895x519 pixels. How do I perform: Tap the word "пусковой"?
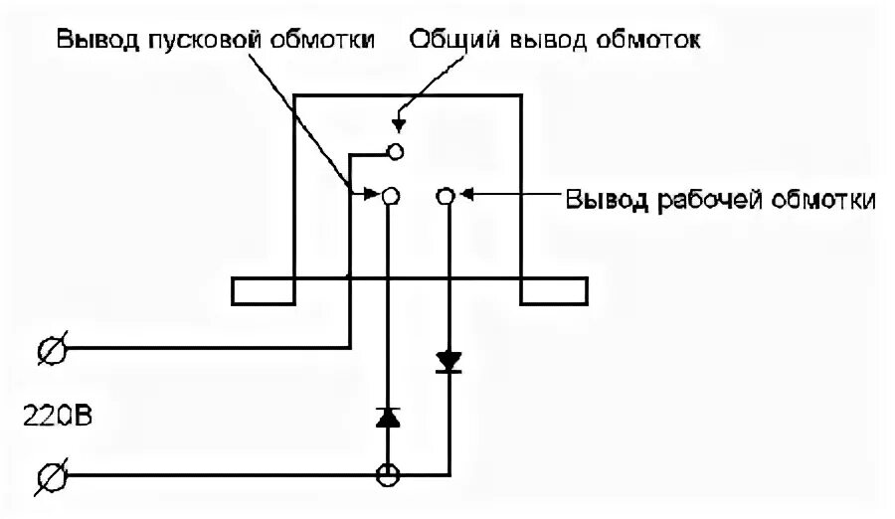click(191, 40)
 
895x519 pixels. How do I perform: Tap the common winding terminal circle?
click(395, 151)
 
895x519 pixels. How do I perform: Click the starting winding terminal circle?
click(390, 196)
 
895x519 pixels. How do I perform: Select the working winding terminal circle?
click(446, 196)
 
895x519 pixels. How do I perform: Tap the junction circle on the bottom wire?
click(388, 475)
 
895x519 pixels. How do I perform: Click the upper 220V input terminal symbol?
click(51, 350)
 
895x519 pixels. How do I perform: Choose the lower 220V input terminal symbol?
click(51, 477)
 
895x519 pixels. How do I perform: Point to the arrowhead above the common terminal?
click(398, 126)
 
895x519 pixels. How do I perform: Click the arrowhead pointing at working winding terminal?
click(465, 196)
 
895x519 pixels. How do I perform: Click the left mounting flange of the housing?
click(263, 290)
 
